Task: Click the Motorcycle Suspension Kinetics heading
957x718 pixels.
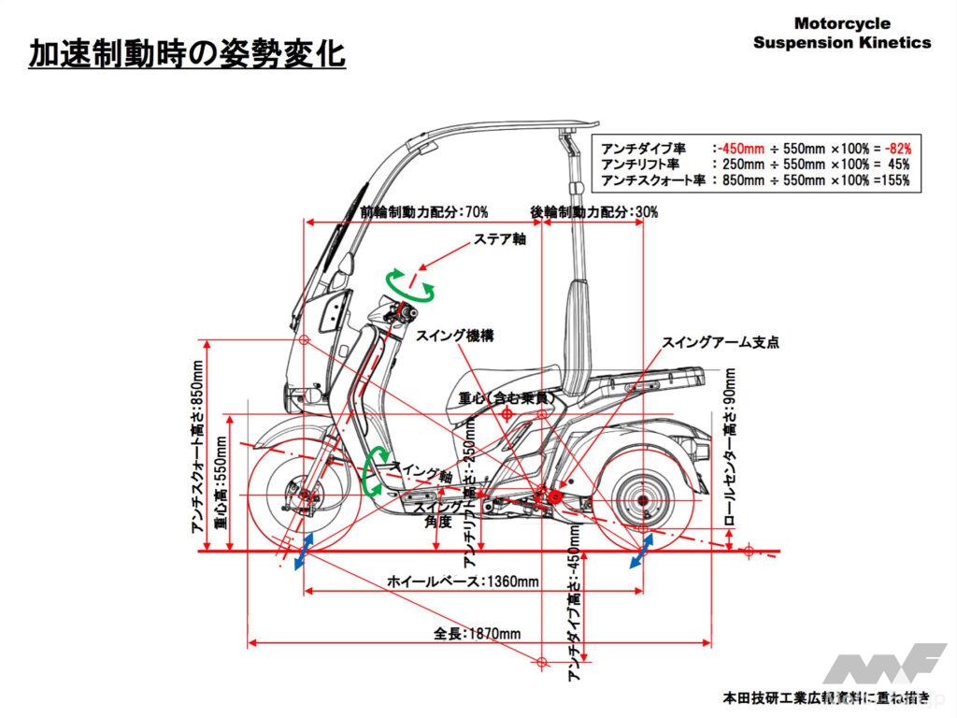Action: pyautogui.click(x=842, y=33)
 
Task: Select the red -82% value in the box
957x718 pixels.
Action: pyautogui.click(x=896, y=148)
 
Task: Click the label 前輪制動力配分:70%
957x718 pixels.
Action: pyautogui.click(x=423, y=212)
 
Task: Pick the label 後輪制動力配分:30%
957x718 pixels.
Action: pyautogui.click(x=593, y=212)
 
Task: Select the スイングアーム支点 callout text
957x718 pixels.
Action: pyautogui.click(x=720, y=342)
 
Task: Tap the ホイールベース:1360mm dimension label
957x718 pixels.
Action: pyautogui.click(x=464, y=582)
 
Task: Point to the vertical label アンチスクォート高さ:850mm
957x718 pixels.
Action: pyautogui.click(x=197, y=449)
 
